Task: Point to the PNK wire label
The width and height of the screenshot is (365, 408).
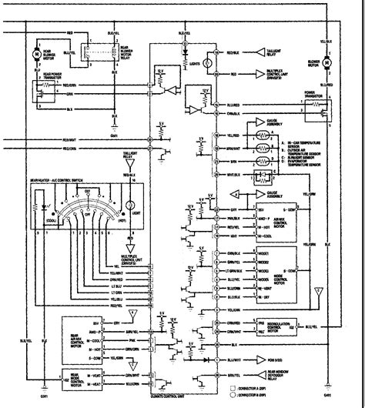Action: [114, 338]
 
